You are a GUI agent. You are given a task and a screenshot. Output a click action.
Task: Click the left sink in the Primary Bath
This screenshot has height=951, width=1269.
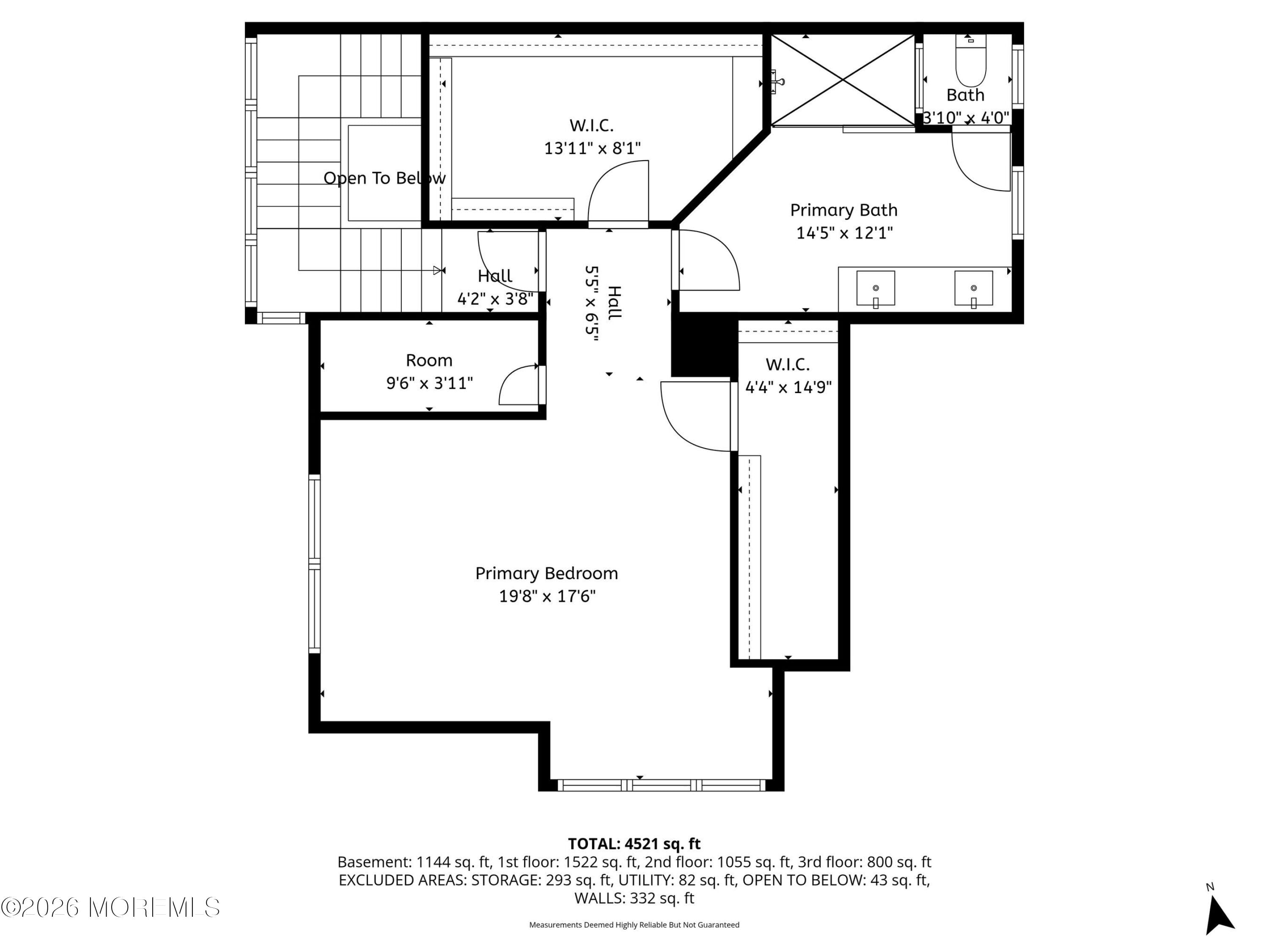click(x=876, y=288)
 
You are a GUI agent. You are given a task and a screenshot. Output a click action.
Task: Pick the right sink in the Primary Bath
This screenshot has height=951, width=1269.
click(x=974, y=288)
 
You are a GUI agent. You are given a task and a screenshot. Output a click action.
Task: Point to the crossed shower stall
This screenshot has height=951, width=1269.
click(x=842, y=80)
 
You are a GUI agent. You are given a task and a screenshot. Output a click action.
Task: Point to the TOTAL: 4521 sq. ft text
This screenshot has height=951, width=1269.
click(x=634, y=844)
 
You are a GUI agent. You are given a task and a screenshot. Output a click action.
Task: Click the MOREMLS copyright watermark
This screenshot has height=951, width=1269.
click(x=110, y=907)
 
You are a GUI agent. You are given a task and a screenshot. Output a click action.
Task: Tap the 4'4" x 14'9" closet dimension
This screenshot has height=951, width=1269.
click(x=788, y=388)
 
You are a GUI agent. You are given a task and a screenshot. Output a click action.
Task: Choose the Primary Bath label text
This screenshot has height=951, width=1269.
click(x=843, y=210)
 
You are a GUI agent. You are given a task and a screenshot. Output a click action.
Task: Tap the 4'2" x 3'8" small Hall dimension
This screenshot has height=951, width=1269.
click(x=494, y=299)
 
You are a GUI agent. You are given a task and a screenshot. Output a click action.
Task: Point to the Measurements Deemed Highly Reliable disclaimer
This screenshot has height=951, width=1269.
click(x=634, y=925)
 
